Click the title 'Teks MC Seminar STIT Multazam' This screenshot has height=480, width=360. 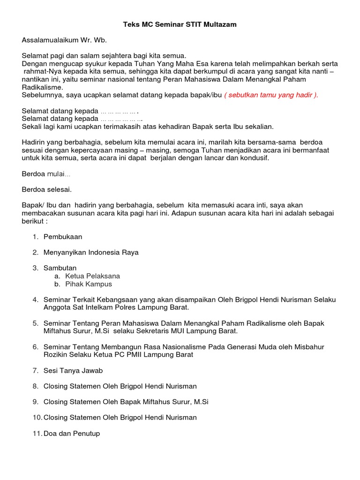pos(180,24)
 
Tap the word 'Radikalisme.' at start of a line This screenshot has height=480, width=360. pos(42,87)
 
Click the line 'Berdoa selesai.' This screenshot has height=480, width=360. pos(47,190)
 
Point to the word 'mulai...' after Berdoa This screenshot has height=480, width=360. pos(59,174)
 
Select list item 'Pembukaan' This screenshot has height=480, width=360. pos(63,237)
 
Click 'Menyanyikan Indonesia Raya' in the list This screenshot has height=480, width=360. pos(91,252)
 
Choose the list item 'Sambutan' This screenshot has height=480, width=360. pos(60,268)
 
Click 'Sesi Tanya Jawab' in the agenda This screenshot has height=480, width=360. pos(73,370)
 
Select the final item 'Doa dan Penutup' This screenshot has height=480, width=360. pos(72,434)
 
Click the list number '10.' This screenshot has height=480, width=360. pos(37,417)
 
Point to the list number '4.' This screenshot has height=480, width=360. pos(36,300)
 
